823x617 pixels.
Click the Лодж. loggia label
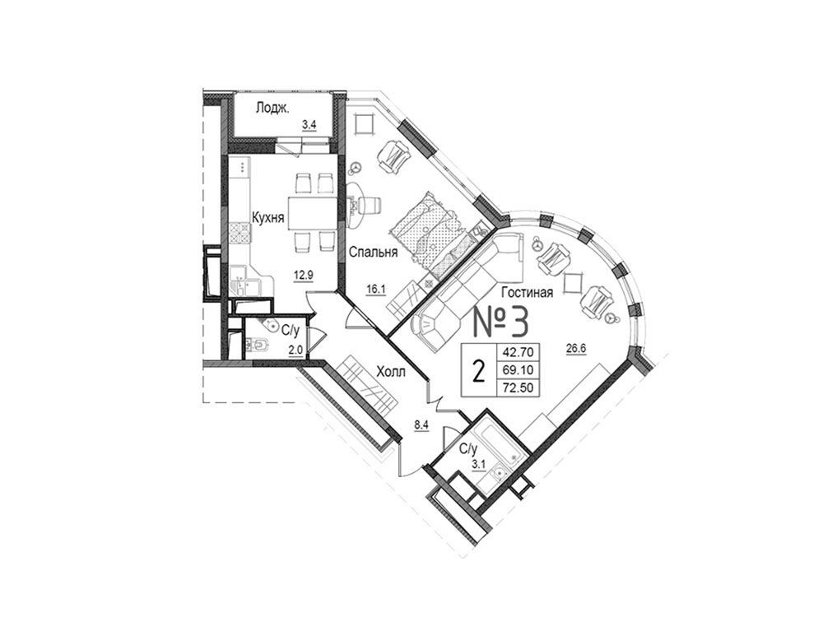point(272,109)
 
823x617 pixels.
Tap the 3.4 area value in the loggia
point(309,125)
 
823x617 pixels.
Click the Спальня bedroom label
point(373,253)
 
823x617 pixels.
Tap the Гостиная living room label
point(527,292)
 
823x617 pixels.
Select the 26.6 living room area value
point(576,347)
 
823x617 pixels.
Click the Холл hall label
point(391,372)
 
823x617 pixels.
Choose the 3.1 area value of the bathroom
point(479,464)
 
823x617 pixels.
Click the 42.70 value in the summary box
point(518,352)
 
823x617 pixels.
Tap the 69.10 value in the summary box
point(518,370)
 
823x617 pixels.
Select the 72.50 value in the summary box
point(518,387)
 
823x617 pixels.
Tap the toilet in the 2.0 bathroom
point(258,345)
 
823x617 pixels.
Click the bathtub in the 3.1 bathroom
point(495,439)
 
